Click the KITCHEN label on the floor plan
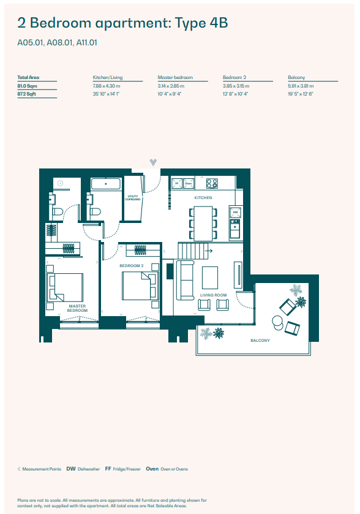[203, 198]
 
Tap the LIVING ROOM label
[213, 295]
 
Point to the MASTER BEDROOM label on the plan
[77, 308]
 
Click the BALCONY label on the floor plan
[260, 341]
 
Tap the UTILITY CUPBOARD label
[133, 198]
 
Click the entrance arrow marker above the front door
[153, 162]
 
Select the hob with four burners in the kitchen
[212, 183]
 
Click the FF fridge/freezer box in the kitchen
[176, 183]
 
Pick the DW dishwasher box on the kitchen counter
[234, 213]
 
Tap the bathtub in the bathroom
[106, 184]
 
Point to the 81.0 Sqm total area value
[28, 86]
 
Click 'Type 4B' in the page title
[201, 24]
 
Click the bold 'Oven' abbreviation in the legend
[152, 469]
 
